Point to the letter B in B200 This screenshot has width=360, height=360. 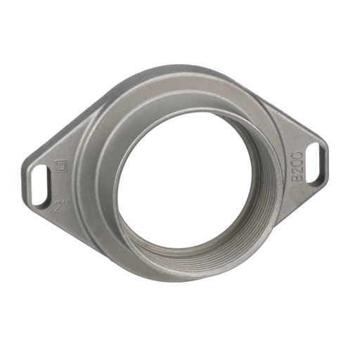pyautogui.click(x=297, y=178)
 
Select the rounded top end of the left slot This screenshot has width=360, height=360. pyautogui.click(x=40, y=167)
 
